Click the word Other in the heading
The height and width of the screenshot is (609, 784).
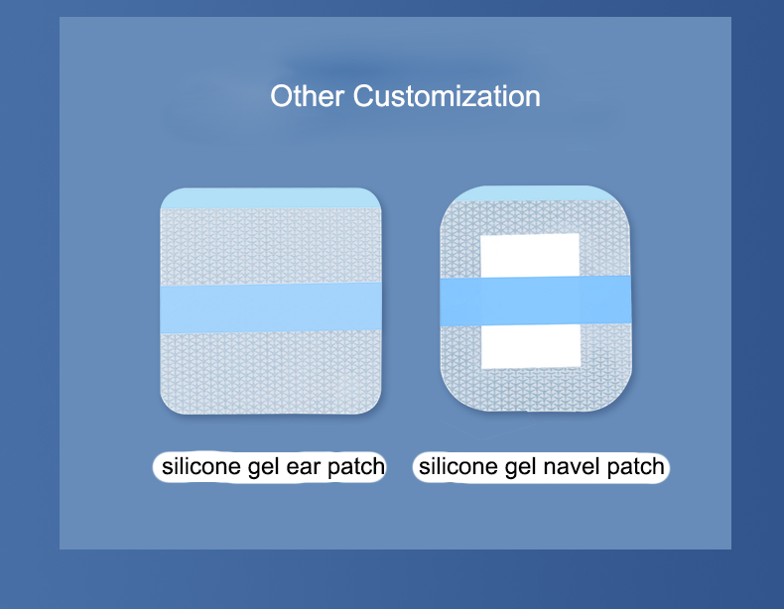pos(308,97)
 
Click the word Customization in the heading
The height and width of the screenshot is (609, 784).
pos(447,97)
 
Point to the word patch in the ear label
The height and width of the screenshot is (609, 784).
pos(356,466)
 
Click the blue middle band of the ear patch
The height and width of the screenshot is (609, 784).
pos(271,307)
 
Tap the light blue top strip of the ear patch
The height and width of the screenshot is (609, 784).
pos(271,198)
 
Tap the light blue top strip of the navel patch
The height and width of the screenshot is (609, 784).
pos(537,193)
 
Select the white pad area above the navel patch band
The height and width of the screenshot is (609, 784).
pos(529,256)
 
